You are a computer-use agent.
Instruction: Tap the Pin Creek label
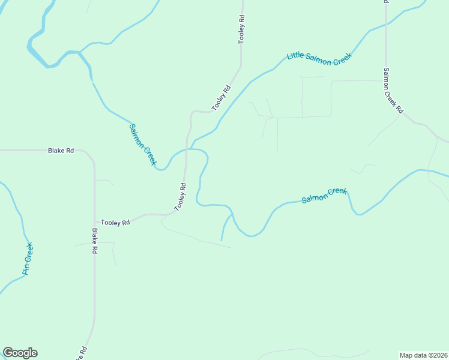(x=28, y=259)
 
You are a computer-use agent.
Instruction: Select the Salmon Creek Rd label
(x=393, y=91)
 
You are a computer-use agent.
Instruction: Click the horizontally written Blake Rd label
(x=61, y=151)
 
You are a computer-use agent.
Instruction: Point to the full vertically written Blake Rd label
(x=94, y=241)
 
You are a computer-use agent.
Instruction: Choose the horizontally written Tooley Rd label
(x=115, y=223)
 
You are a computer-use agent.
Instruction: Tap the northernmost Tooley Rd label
(x=242, y=29)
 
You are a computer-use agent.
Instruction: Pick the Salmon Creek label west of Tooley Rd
(x=143, y=145)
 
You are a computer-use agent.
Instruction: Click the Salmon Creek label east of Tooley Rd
(x=324, y=195)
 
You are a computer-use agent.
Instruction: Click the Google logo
(x=20, y=353)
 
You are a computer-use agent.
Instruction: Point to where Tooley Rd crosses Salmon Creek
(x=187, y=150)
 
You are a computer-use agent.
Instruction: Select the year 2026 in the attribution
(x=439, y=355)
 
